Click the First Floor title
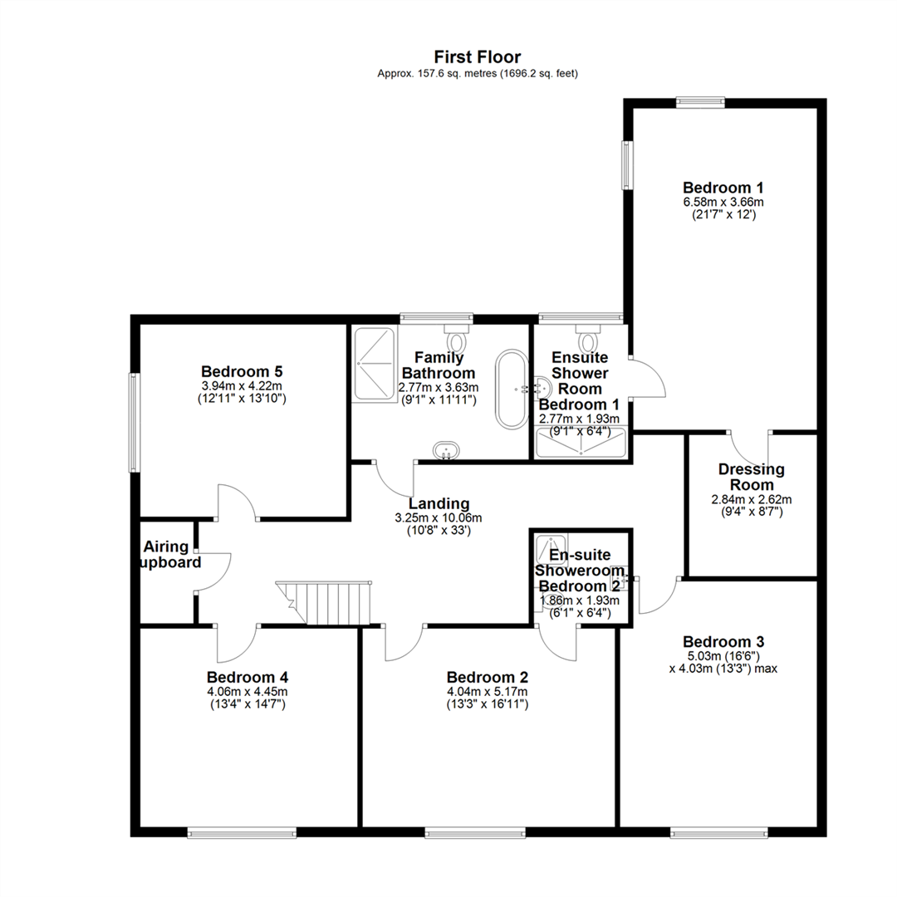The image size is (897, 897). [477, 57]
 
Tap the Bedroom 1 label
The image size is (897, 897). [723, 188]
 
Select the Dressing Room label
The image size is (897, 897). [751, 477]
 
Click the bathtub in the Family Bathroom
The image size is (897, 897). [512, 389]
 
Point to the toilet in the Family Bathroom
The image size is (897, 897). [457, 337]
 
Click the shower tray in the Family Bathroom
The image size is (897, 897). [375, 363]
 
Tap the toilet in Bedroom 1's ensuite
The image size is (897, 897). [587, 337]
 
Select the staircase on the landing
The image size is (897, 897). [324, 602]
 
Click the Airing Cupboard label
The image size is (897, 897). [170, 554]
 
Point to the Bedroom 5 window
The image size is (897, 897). [134, 423]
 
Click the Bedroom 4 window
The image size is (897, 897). [242, 834]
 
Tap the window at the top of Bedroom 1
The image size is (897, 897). [700, 103]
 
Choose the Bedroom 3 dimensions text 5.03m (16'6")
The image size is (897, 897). [723, 655]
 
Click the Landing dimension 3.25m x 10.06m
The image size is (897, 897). [439, 518]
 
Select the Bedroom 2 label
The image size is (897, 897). [488, 678]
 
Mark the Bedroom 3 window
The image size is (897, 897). [719, 834]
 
